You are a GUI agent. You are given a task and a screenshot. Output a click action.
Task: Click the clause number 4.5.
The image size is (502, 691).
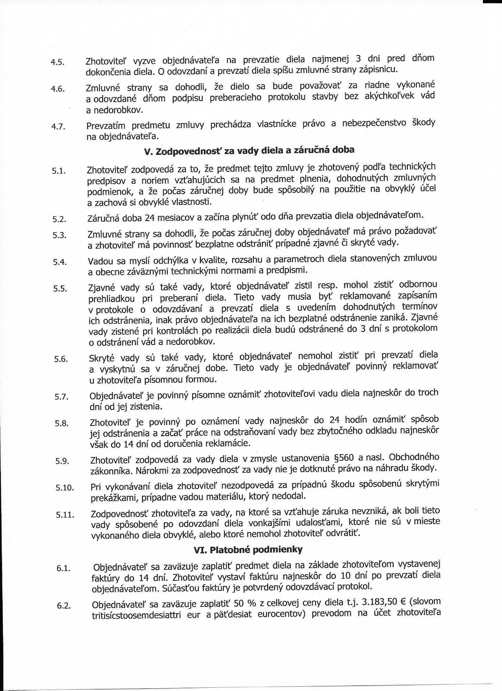coord(57,62)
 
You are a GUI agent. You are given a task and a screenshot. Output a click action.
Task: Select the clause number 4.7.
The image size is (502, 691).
coord(58,127)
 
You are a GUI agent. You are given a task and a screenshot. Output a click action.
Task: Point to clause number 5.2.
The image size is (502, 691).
coord(59,219)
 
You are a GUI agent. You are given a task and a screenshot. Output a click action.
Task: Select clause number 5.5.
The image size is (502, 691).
coord(60,288)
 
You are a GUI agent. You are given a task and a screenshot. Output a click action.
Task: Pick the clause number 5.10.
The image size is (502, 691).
coord(65,488)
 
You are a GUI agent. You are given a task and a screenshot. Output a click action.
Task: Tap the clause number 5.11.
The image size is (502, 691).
coord(65,515)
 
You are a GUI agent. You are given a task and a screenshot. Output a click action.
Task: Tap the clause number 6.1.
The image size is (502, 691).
coord(63,569)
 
